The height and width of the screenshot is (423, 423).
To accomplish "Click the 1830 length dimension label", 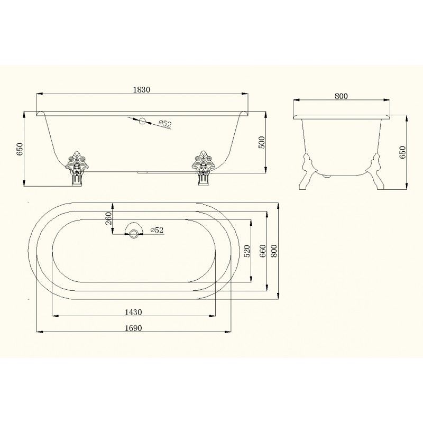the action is click(x=141, y=89).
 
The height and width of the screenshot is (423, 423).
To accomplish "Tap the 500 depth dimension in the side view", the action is click(x=262, y=142).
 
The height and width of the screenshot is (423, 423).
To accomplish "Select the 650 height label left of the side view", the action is click(x=20, y=149).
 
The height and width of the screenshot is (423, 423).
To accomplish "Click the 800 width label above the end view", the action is click(x=341, y=96).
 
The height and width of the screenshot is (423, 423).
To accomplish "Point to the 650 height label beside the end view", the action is click(x=402, y=152).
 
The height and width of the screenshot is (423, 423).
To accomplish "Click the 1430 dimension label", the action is click(x=133, y=312).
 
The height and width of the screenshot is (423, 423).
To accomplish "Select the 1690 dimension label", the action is click(x=133, y=328).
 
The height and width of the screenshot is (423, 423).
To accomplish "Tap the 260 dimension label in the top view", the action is click(x=108, y=218).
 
